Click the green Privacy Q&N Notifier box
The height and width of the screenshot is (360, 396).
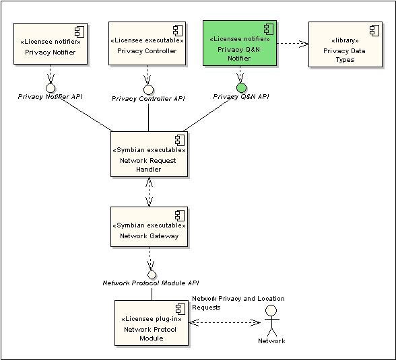pyautogui.click(x=240, y=43)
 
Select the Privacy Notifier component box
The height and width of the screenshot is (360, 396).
pyautogui.click(x=51, y=44)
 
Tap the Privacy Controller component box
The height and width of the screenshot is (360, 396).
pyautogui.click(x=147, y=43)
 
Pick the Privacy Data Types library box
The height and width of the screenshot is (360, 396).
pyautogui.click(x=345, y=44)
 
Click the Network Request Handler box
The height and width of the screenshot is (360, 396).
pyautogui.click(x=149, y=154)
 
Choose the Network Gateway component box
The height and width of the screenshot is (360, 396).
pyautogui.click(x=149, y=227)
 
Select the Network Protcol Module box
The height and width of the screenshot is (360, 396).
pyautogui.click(x=152, y=323)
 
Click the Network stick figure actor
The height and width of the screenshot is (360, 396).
pyautogui.click(x=271, y=320)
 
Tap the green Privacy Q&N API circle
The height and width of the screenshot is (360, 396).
pyautogui.click(x=241, y=87)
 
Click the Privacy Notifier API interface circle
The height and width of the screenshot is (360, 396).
pyautogui.click(x=51, y=87)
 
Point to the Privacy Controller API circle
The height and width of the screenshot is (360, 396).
pyautogui.click(x=148, y=89)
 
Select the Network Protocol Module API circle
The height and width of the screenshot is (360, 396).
pyautogui.click(x=152, y=275)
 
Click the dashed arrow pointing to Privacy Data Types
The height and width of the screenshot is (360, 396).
pyautogui.click(x=293, y=43)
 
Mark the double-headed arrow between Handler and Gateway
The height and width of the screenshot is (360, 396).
pyautogui.click(x=149, y=192)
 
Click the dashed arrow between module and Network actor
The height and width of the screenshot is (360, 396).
pyautogui.click(x=224, y=322)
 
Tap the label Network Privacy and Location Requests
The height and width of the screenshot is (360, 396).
pyautogui.click(x=238, y=303)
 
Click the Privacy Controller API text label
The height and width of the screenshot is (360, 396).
pyautogui.click(x=148, y=99)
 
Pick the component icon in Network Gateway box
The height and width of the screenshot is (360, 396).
pyautogui.click(x=180, y=216)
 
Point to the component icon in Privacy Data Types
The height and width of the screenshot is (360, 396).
pyautogui.click(x=374, y=30)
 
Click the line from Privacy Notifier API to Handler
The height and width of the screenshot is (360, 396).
pyautogui.click(x=86, y=114)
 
